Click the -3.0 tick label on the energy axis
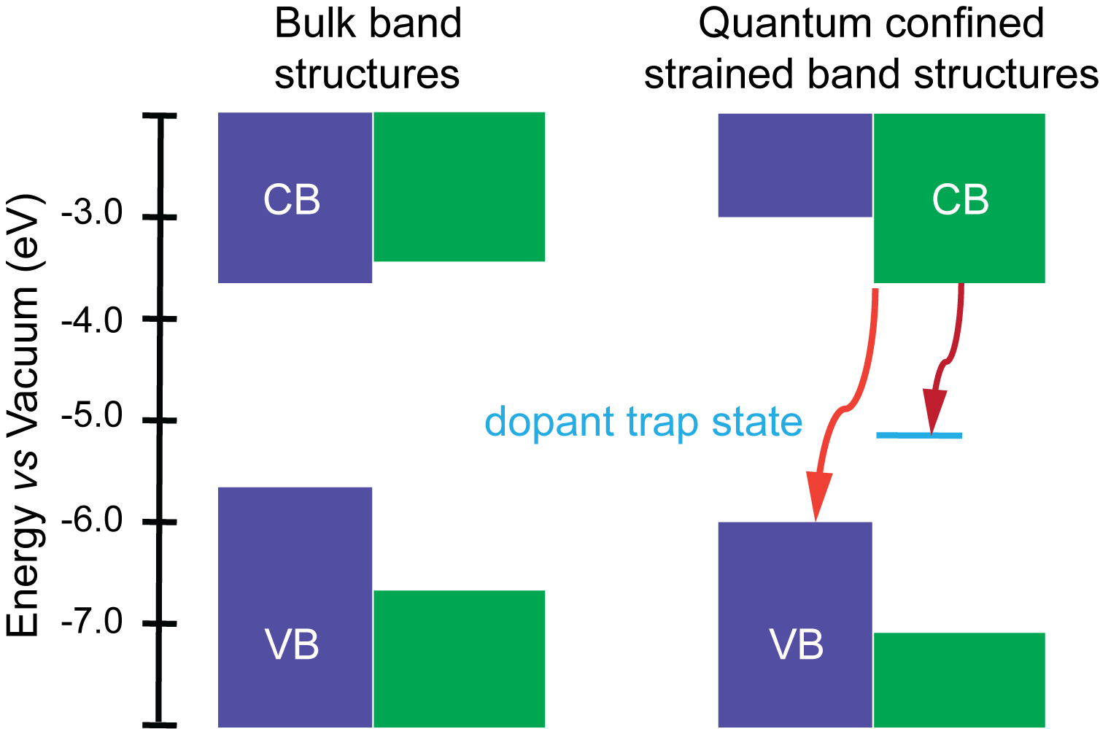pyautogui.click(x=93, y=215)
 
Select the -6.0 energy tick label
pyautogui.click(x=93, y=521)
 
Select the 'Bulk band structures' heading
pyautogui.click(x=368, y=49)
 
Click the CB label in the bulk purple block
pyautogui.click(x=292, y=200)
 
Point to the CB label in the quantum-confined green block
pyautogui.click(x=960, y=200)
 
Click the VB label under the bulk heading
pyautogui.click(x=292, y=645)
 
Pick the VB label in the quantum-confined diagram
pyautogui.click(x=797, y=645)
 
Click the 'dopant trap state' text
pyautogui.click(x=643, y=422)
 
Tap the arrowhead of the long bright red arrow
pyautogui.click(x=818, y=499)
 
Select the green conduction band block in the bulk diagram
pyautogui.click(x=459, y=186)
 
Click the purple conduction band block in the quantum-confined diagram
pyautogui.click(x=795, y=165)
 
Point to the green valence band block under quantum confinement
pyautogui.click(x=959, y=679)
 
